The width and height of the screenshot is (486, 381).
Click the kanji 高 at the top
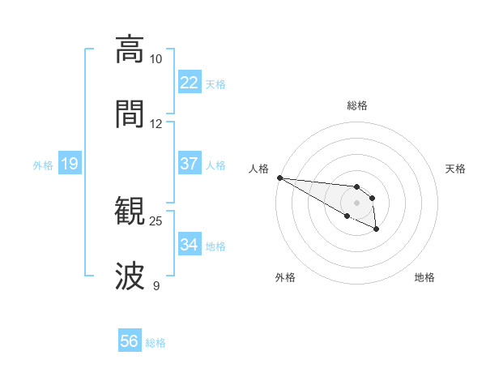(130, 49)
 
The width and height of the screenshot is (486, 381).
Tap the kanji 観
(130, 212)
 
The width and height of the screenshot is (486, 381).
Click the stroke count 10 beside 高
(156, 59)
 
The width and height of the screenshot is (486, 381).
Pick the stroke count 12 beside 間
(156, 124)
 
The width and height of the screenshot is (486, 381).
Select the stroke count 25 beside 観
(156, 220)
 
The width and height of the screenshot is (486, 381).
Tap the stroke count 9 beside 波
(156, 285)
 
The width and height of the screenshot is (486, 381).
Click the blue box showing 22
(190, 83)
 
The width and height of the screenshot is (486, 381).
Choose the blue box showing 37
(190, 164)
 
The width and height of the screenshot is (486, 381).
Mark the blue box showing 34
(190, 245)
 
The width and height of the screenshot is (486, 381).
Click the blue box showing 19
(70, 164)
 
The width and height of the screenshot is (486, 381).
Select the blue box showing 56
(130, 341)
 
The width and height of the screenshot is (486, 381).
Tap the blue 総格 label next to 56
(156, 343)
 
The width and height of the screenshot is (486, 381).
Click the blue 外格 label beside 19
(43, 165)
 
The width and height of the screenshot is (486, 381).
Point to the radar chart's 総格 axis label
(357, 105)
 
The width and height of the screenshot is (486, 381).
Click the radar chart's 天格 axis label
(456, 169)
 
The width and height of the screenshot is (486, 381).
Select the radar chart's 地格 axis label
(424, 277)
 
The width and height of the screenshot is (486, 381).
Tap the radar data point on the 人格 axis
(279, 178)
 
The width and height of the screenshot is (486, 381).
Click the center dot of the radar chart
(357, 203)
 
